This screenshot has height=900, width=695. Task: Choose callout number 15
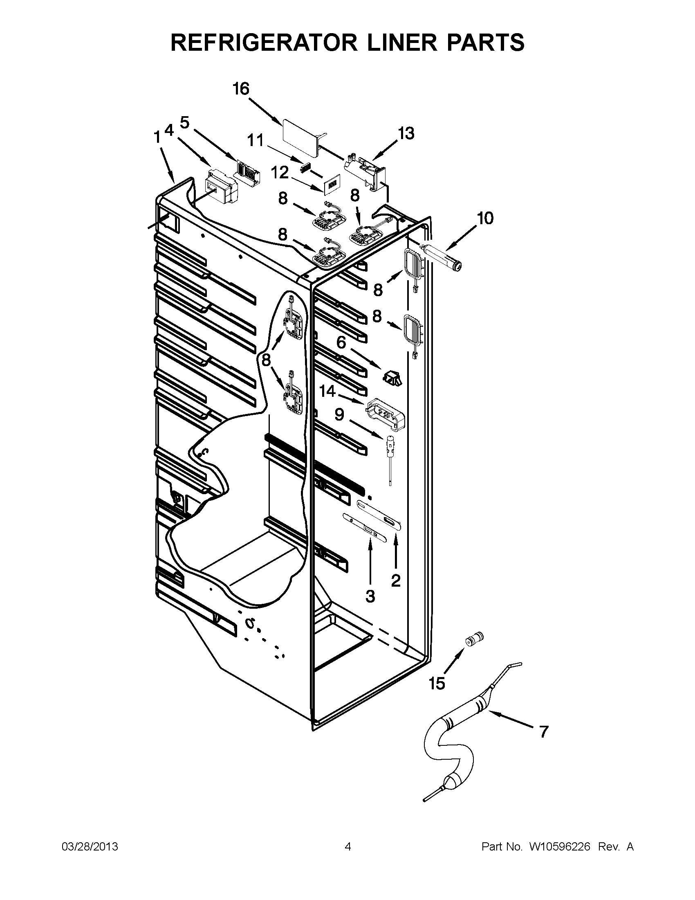pyautogui.click(x=437, y=684)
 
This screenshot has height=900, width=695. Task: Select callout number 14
pyautogui.click(x=328, y=391)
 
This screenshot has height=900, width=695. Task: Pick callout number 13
pyautogui.click(x=406, y=133)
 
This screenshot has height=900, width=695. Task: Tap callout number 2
pyautogui.click(x=395, y=580)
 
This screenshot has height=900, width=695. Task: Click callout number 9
pyautogui.click(x=339, y=414)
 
